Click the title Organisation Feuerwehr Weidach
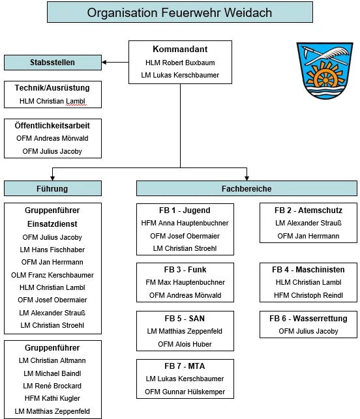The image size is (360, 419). coord(180,12)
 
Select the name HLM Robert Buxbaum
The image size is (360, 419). coord(180,63)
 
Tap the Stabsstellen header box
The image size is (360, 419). coord(53,63)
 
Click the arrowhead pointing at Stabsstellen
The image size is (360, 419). coord(104,63)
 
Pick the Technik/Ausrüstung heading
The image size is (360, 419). coord(52,88)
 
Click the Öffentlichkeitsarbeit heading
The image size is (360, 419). coord(52,125)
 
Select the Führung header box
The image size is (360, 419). coord(53,188)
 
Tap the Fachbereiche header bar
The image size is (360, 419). coord(247,188)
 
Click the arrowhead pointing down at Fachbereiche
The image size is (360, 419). coord(247,179)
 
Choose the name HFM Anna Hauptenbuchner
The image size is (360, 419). coord(185,223)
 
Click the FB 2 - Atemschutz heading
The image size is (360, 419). coord(308,210)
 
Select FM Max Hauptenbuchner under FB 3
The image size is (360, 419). coord(185,282)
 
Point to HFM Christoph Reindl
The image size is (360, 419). coord(308,295)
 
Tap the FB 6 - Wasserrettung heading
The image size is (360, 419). coord(308,318)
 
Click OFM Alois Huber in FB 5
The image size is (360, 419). coord(185,344)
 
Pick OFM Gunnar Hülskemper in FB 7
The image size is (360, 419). coord(185,392)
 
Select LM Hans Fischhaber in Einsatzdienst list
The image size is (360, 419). coord(52,250)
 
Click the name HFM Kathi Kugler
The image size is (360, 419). coord(52,398)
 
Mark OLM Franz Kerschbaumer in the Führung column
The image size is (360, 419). coord(52,275)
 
